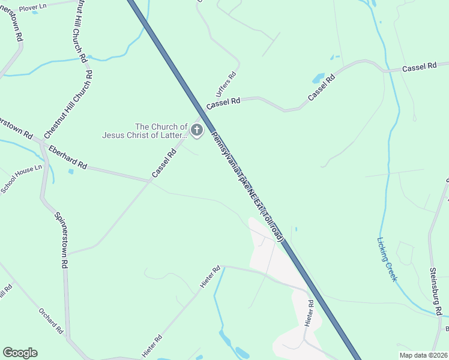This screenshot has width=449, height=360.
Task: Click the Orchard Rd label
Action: (x=50, y=320)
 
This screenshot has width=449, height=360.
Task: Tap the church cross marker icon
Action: (x=196, y=130)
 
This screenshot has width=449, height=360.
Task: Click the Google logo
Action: (x=20, y=353)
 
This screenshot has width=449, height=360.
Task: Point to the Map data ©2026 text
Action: (x=423, y=355)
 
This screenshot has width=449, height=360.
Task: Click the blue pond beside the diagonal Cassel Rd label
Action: (x=318, y=79)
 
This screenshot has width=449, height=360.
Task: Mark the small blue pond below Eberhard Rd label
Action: (x=71, y=172)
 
